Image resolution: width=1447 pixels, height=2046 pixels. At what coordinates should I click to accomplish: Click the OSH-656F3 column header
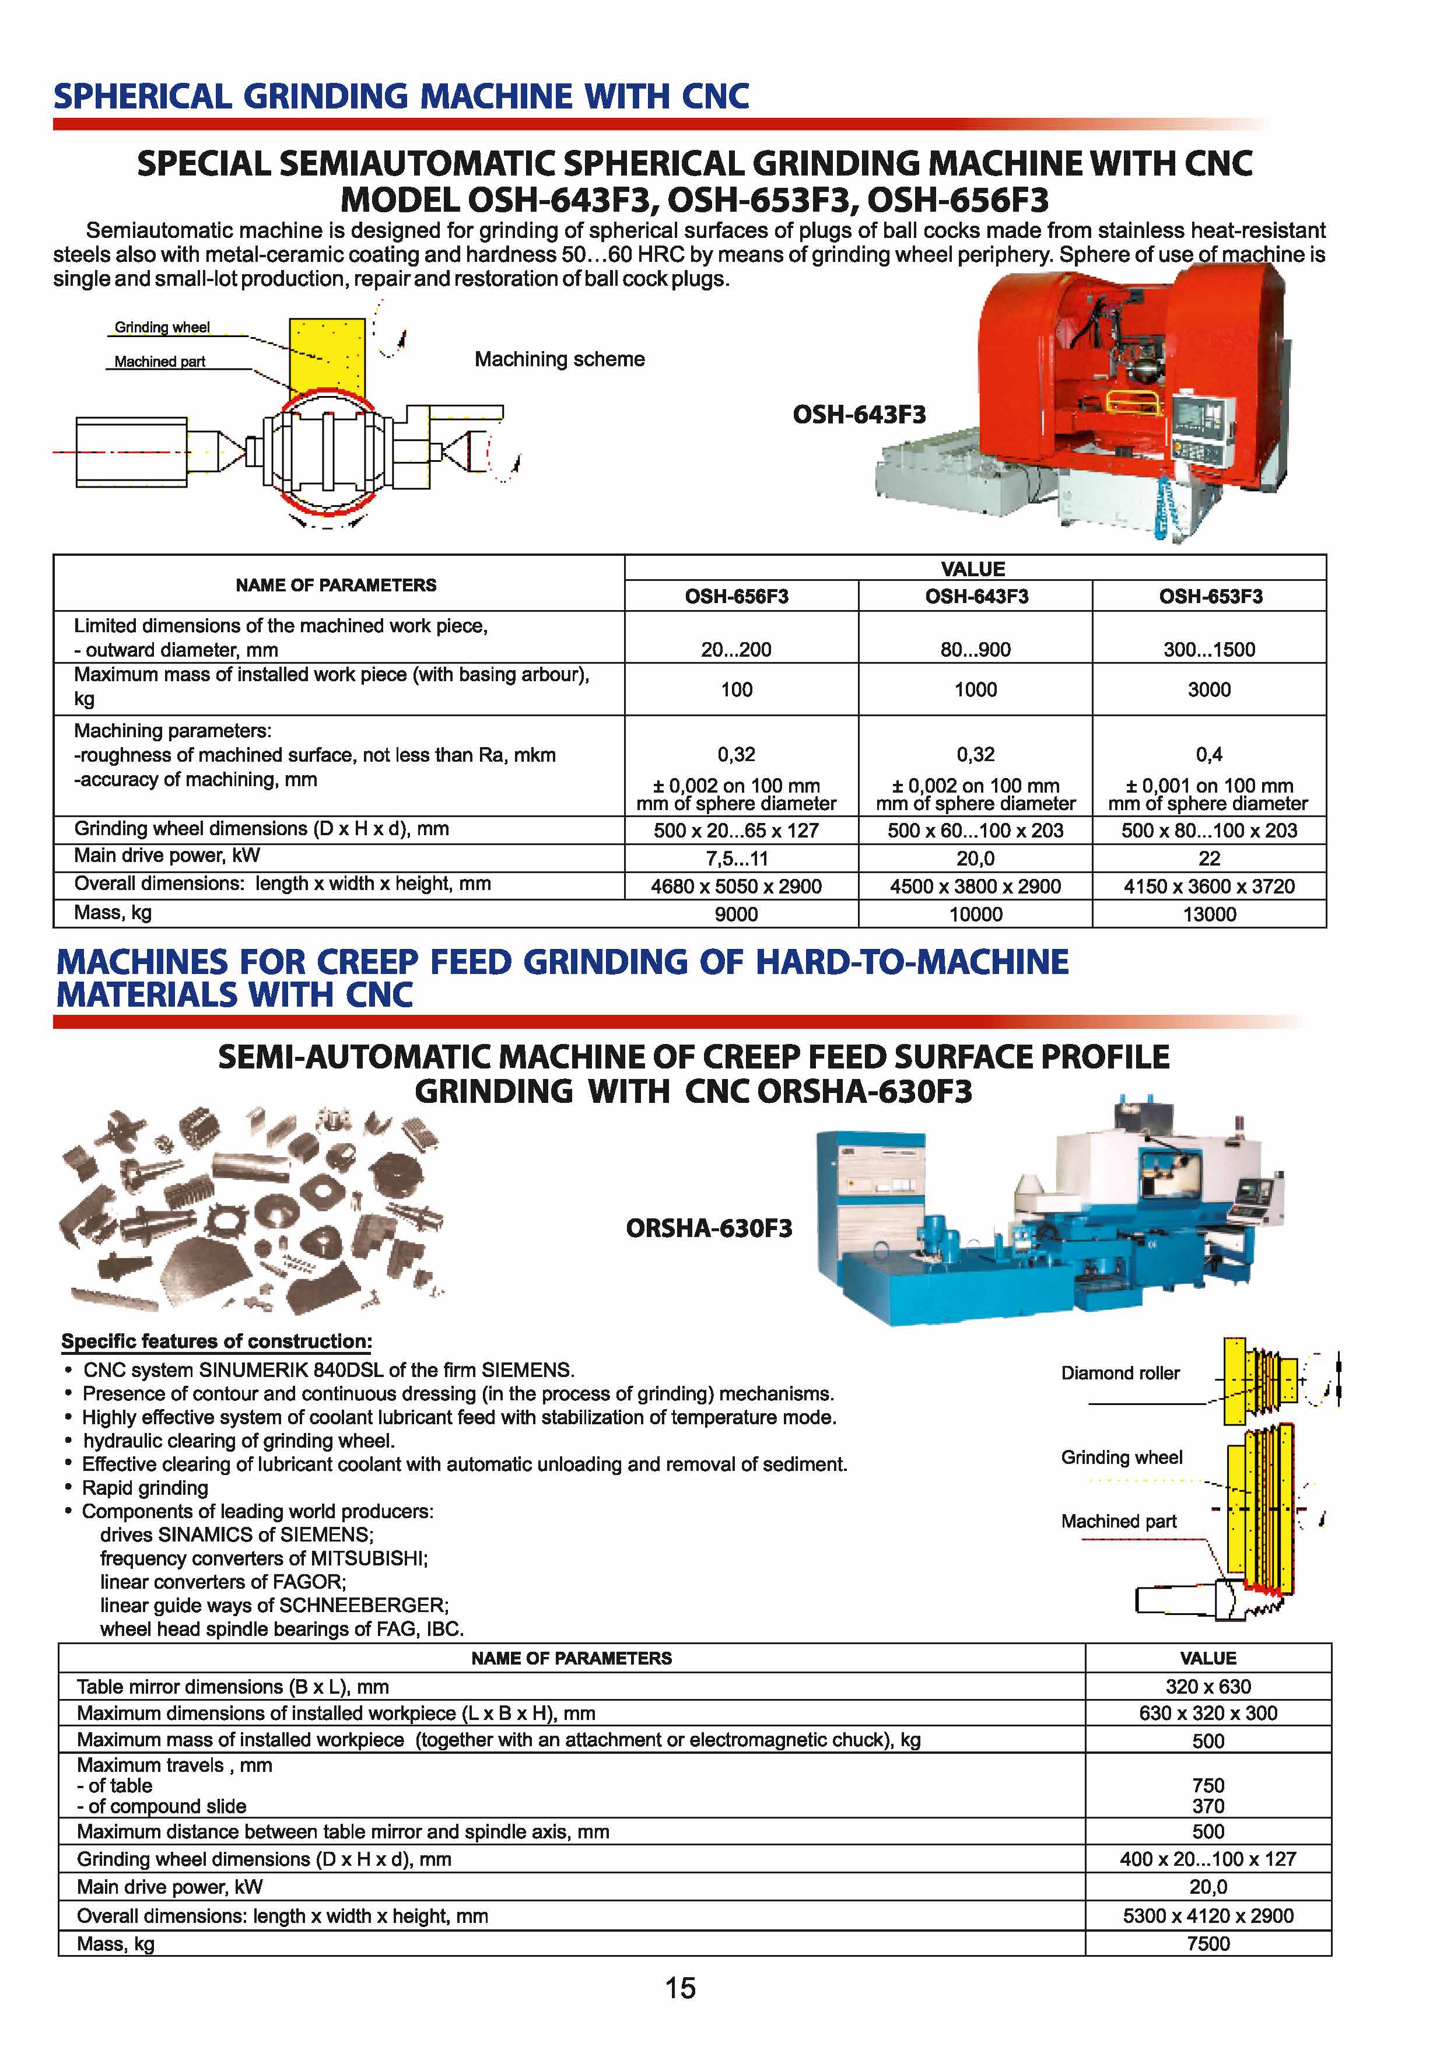736,596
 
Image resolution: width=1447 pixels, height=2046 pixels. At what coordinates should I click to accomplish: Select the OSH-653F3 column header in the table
1210,596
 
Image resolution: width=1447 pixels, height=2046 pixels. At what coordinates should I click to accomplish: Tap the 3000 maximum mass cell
1209,690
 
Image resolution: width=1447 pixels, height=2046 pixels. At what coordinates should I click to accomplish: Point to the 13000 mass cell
1209,915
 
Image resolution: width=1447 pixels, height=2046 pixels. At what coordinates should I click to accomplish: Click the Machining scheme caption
559,359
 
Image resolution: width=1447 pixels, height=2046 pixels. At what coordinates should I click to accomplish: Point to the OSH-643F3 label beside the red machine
859,414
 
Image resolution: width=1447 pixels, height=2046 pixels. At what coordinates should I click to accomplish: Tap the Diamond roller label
1120,1373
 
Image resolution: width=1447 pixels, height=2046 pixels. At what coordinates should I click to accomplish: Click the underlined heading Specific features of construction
216,1341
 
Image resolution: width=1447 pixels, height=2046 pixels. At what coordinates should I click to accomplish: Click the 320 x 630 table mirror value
1208,1686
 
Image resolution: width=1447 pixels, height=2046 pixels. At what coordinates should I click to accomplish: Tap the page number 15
680,1989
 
